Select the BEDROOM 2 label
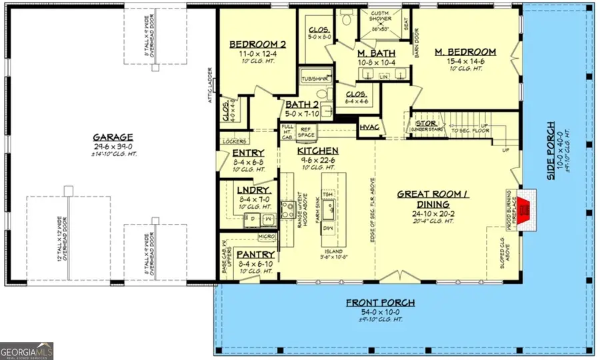click(x=257, y=45)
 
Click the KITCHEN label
click(x=318, y=151)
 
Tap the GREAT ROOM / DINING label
click(x=431, y=199)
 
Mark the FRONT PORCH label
click(x=379, y=303)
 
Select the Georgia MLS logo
click(x=27, y=351)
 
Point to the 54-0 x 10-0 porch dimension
click(x=379, y=313)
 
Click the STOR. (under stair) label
click(x=426, y=123)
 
